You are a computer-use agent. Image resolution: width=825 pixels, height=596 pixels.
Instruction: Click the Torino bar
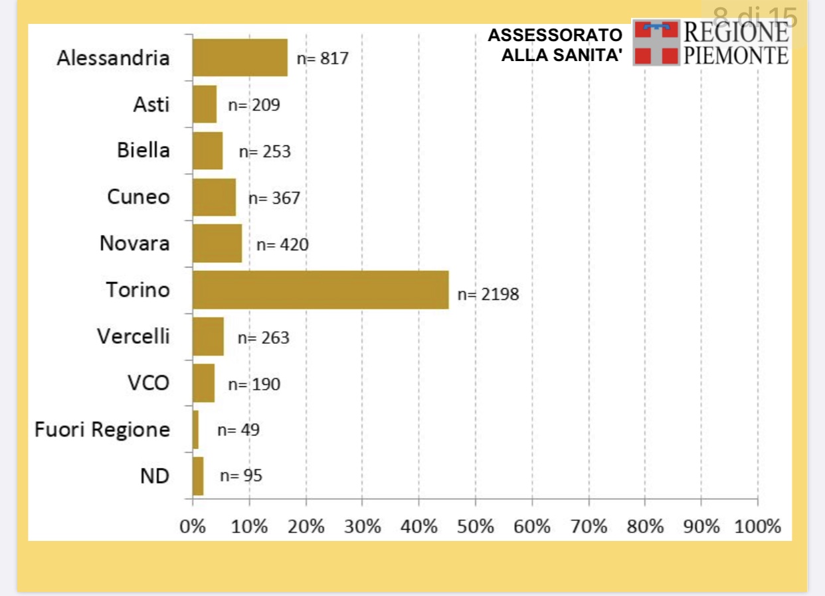pyautogui.click(x=320, y=290)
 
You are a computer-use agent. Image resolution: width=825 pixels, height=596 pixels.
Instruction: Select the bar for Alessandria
pyautogui.click(x=240, y=58)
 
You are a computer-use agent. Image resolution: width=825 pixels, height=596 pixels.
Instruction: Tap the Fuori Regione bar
pyautogui.click(x=195, y=429)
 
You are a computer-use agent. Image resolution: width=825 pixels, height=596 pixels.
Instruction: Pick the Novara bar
pyautogui.click(x=217, y=244)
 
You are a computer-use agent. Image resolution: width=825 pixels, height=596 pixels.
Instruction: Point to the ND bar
pyautogui.click(x=198, y=476)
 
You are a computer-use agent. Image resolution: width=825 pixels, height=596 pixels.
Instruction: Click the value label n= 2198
pyautogui.click(x=488, y=294)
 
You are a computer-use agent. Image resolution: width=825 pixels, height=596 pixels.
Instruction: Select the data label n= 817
pyautogui.click(x=322, y=58)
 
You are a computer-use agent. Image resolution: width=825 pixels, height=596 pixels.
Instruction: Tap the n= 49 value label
pyautogui.click(x=238, y=430)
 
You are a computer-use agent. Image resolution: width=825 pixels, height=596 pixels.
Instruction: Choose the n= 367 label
pyautogui.click(x=274, y=198)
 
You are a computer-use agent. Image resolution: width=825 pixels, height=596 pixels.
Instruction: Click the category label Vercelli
pyautogui.click(x=134, y=336)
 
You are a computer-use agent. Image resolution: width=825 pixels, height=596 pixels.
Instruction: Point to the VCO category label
pyautogui.click(x=149, y=383)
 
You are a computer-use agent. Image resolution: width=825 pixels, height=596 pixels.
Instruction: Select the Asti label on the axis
pyautogui.click(x=151, y=104)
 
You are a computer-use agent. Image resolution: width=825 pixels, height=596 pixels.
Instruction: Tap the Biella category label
pyautogui.click(x=143, y=151)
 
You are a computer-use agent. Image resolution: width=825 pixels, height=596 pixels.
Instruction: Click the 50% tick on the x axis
pyautogui.click(x=476, y=527)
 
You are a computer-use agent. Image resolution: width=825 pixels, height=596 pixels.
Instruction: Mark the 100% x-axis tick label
pyautogui.click(x=758, y=527)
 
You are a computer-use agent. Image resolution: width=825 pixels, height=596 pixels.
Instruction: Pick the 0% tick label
pyautogui.click(x=193, y=527)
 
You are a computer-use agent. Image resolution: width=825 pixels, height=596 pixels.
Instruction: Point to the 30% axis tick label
pyautogui.click(x=363, y=527)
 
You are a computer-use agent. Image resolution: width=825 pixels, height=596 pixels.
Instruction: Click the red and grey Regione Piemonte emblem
pyautogui.click(x=656, y=42)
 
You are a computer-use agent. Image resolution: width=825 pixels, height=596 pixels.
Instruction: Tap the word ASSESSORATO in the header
pyautogui.click(x=555, y=35)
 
